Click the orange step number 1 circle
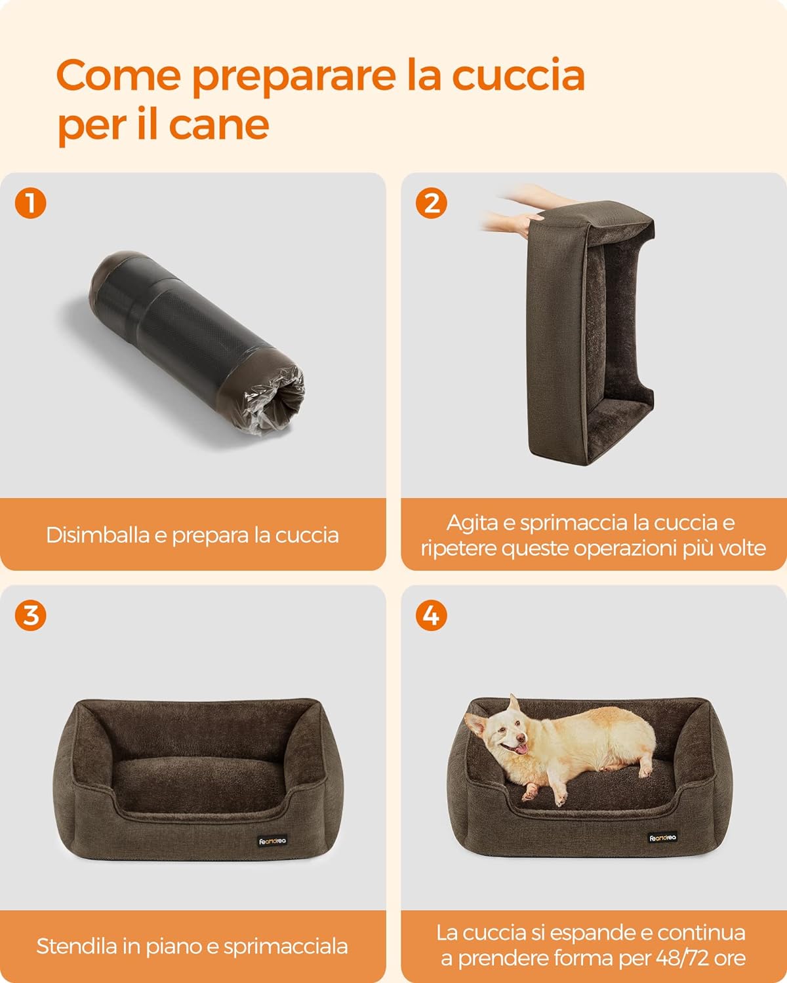pos(30,202)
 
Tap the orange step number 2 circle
pos(432,202)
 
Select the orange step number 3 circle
pos(30,615)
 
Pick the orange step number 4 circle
pos(432,615)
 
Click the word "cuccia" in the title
pos(518,75)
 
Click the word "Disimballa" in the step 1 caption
pos(98,535)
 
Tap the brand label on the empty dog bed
pos(272,841)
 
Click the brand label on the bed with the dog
pos(662,838)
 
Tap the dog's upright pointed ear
pos(515,706)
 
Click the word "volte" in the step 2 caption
pos(742,548)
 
